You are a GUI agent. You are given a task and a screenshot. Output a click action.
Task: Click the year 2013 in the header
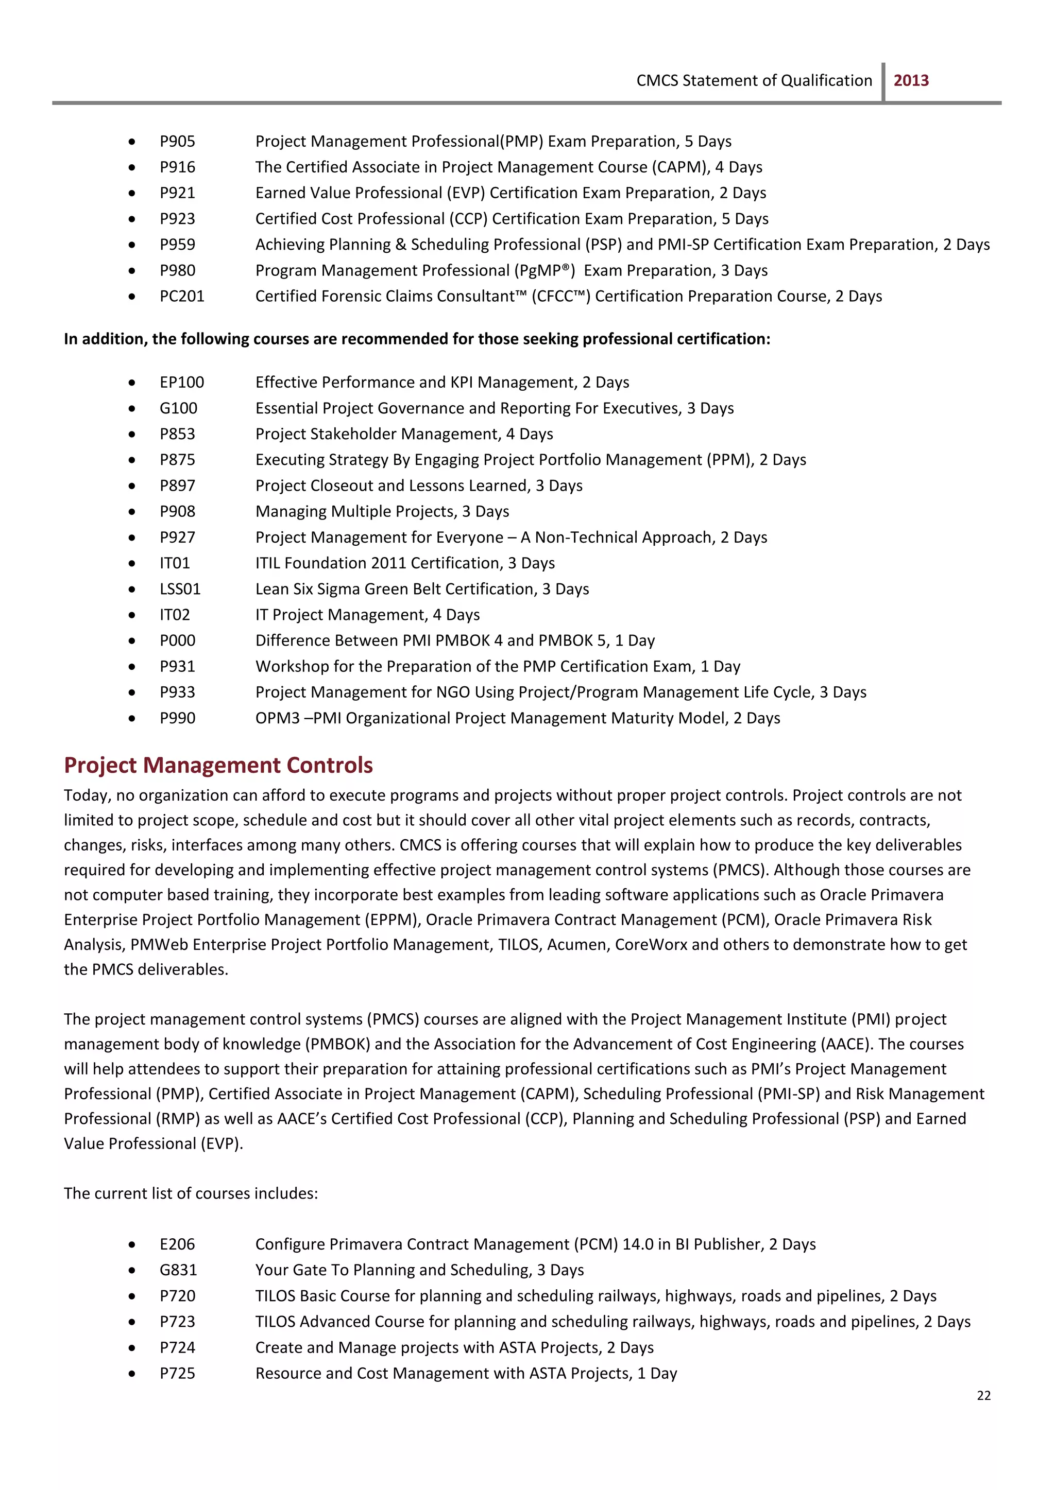point(911,80)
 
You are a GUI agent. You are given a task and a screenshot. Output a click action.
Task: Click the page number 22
point(983,1395)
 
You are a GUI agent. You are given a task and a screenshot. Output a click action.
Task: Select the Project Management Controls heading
point(218,765)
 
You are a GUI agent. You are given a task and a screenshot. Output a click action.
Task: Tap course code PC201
point(182,296)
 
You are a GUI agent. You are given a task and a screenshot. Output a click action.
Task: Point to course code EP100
point(182,383)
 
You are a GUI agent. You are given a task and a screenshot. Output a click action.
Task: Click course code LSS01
point(180,589)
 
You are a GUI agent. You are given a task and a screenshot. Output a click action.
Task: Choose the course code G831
point(178,1270)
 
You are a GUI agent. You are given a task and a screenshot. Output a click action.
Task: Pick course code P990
point(177,718)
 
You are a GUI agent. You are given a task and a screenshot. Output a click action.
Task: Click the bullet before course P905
point(132,142)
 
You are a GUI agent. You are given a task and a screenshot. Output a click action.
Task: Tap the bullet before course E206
point(132,1244)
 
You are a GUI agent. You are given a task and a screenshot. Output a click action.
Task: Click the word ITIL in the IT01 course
point(268,563)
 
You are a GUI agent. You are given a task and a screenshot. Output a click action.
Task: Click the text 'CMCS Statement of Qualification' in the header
point(754,80)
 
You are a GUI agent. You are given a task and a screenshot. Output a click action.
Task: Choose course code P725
point(177,1373)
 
